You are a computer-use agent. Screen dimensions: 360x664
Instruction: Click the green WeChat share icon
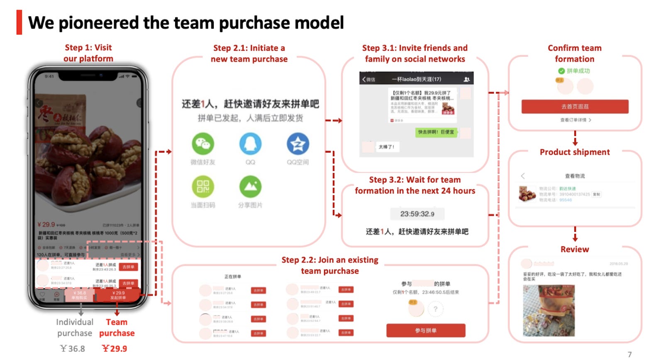pos(203,144)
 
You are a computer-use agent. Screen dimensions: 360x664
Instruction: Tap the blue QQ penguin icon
pos(250,144)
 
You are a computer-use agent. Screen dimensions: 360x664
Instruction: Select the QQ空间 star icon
pos(298,144)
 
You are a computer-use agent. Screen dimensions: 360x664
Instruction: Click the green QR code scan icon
pos(203,186)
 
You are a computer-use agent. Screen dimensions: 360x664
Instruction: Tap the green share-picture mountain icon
pos(250,186)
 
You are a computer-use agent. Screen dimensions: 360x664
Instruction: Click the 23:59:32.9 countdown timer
pos(417,214)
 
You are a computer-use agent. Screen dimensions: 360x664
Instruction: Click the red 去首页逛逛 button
pos(575,107)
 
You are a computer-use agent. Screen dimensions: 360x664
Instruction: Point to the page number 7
pos(630,354)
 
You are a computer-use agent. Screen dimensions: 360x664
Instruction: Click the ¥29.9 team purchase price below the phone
pos(115,348)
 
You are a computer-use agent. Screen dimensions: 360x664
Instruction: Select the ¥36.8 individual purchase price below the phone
pos(73,348)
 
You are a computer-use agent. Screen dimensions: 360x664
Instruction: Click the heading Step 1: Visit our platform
pos(88,53)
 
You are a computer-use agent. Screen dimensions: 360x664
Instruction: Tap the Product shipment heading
pos(575,152)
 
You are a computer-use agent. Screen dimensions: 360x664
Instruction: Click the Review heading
pos(575,249)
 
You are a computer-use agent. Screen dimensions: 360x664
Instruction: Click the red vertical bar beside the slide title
pos(19,22)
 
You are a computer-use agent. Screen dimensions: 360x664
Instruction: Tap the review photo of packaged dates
pos(549,310)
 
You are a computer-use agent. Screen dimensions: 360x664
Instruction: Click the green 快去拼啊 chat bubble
pos(436,132)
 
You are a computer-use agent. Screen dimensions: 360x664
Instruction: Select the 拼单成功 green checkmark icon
pos(561,71)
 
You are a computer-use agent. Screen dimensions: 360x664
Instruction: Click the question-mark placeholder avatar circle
pos(435,309)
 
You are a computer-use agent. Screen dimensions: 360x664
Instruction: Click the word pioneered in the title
pos(98,23)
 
